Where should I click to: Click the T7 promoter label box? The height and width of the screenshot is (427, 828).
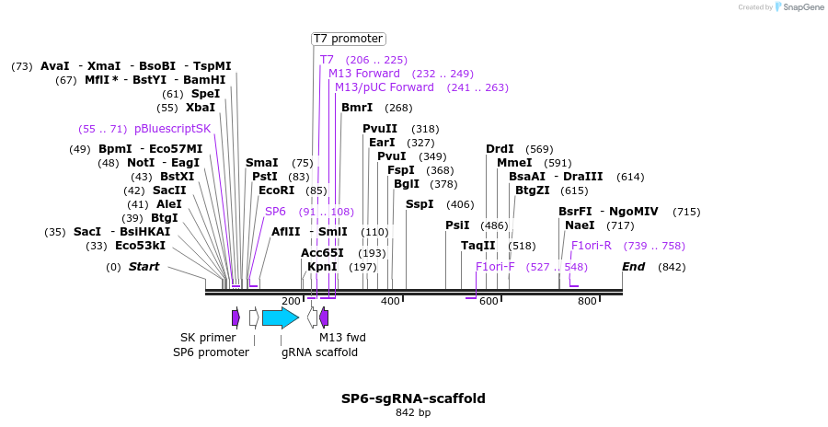coord(348,39)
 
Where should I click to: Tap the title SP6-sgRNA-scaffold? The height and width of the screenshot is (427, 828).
coord(413,398)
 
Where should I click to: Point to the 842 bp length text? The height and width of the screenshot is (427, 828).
coord(413,413)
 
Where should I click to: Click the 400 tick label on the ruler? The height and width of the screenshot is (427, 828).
coord(390,301)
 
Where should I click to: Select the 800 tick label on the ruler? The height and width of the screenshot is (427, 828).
coord(587,301)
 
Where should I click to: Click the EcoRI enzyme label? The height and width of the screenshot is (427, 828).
coord(277,190)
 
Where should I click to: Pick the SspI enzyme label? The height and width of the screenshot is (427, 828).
coord(420,204)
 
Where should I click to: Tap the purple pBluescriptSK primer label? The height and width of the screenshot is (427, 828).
coord(172,129)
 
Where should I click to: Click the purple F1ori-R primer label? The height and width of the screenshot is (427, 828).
coord(591,246)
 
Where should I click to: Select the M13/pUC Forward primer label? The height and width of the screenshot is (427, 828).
coord(385,87)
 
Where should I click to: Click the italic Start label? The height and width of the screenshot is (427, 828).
coord(144,267)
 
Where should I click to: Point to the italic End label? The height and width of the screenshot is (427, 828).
coord(633,267)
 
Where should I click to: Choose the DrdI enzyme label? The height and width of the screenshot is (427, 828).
coord(500,149)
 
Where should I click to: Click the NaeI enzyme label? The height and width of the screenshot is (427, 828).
coord(580,225)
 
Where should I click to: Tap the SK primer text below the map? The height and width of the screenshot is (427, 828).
coord(208,338)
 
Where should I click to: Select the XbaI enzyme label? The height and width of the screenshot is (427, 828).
coord(201,108)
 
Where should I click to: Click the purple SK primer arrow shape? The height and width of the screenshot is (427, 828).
coord(236,317)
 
